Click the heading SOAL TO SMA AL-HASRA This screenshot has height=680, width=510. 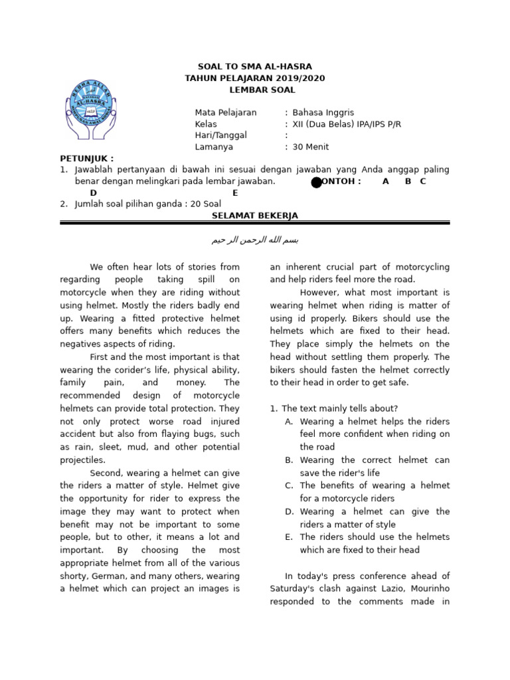[255, 66]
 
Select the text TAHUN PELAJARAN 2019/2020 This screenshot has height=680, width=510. [255, 78]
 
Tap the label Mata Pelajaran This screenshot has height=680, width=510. [225, 112]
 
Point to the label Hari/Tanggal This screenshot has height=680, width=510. [220, 135]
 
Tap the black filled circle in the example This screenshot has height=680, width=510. [317, 182]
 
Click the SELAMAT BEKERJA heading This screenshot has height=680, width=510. [255, 216]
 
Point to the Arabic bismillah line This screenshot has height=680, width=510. [255, 240]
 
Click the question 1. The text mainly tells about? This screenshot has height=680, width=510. [334, 408]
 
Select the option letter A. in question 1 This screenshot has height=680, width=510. [289, 422]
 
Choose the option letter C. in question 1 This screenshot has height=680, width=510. [289, 486]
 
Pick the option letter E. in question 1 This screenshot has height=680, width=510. [289, 537]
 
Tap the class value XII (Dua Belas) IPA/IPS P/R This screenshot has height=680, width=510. [347, 124]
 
